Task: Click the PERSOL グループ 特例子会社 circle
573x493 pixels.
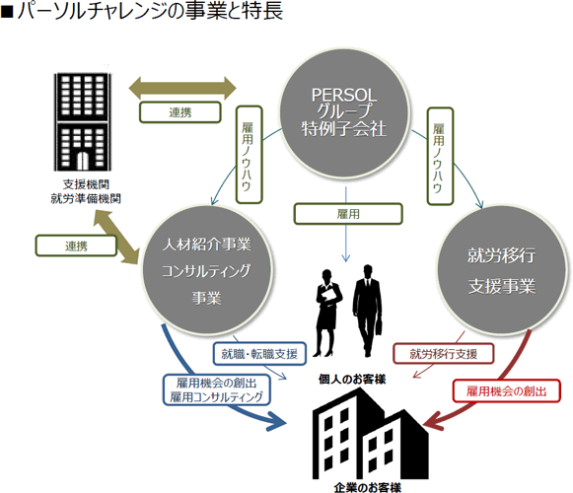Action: point(344,112)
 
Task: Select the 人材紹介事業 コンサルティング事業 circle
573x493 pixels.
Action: point(207,270)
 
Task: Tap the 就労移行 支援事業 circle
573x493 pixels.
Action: point(502,270)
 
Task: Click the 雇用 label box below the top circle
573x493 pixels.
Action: point(348,214)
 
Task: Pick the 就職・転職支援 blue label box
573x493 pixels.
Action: point(259,353)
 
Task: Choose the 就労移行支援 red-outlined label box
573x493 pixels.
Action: point(443,353)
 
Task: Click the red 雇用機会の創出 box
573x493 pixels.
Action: point(507,391)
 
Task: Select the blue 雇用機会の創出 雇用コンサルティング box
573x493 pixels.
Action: point(217,389)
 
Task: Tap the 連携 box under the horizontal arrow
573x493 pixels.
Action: point(180,112)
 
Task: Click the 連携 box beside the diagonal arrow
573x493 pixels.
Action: point(76,246)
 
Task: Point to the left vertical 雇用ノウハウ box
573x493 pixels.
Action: point(250,155)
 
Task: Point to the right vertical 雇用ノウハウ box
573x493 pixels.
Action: point(440,156)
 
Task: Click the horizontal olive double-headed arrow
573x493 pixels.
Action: point(182,88)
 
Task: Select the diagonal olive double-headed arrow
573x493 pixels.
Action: point(116,237)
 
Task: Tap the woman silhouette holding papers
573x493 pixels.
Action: point(327,314)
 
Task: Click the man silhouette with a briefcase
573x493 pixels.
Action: point(367,311)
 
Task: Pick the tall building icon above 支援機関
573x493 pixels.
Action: point(83,121)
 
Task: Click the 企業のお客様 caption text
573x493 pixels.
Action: point(368,487)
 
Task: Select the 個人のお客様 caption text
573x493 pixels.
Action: point(352,380)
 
